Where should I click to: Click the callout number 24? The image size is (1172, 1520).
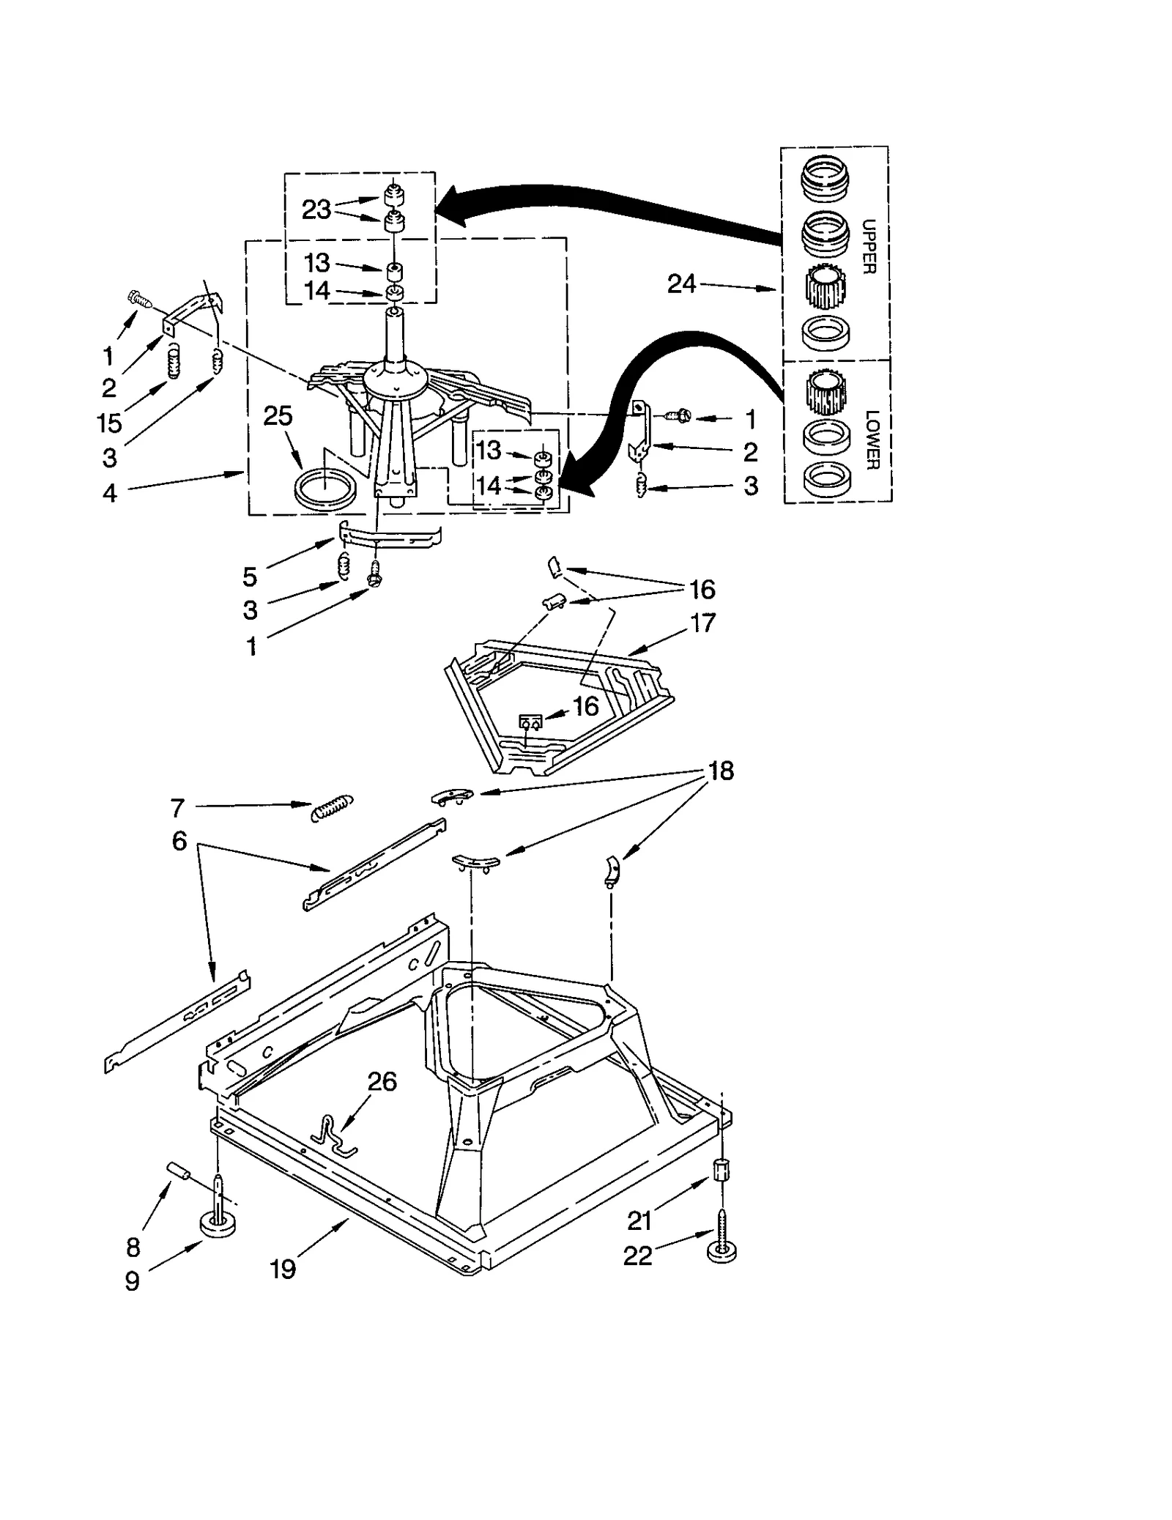pos(681,284)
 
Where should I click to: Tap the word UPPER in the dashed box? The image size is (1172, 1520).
pos(869,247)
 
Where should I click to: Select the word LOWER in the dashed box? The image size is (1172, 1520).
pos(872,440)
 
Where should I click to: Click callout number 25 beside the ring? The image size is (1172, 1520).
pos(278,416)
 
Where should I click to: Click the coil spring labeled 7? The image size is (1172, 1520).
pos(333,807)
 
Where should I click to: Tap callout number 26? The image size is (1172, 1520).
pos(382,1081)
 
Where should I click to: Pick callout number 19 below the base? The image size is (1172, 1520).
pos(283,1269)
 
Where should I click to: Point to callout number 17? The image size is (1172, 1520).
pos(702,623)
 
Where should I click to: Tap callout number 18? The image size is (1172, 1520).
pos(721,771)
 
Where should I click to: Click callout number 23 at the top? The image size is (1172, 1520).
pos(316,210)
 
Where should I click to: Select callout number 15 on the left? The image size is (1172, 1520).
pos(109,423)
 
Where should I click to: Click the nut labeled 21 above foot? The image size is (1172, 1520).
pos(721,1170)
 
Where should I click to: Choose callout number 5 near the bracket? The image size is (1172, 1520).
pos(251,577)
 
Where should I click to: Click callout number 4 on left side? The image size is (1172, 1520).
pos(110,493)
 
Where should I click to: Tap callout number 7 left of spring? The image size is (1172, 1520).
pos(177,808)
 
